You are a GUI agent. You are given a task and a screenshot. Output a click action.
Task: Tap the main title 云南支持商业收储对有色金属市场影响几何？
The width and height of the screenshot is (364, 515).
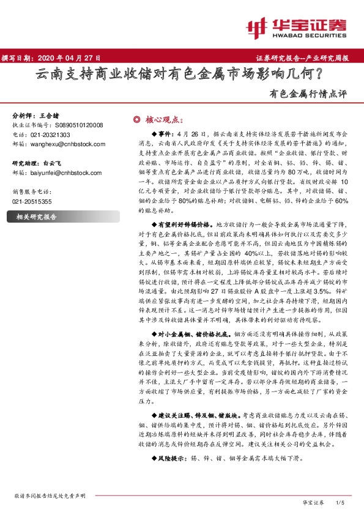pyautogui.click(x=182, y=76)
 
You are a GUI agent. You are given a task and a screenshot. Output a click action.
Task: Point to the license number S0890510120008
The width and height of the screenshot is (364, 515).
pyautogui.click(x=80, y=125)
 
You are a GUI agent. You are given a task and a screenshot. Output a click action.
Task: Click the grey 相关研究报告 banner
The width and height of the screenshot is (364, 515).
pyautogui.click(x=36, y=217)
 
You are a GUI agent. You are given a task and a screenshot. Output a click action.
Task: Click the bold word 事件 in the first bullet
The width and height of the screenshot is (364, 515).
pyautogui.click(x=165, y=133)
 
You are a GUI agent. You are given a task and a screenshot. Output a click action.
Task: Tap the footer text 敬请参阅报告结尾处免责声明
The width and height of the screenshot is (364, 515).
pyautogui.click(x=48, y=495)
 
